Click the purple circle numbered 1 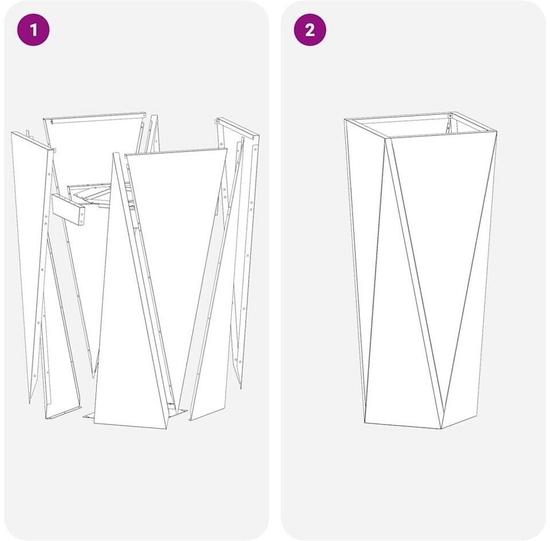coord(33,30)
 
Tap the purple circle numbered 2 coord(310,30)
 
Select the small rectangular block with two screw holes coord(68,209)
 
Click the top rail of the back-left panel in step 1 coord(95,117)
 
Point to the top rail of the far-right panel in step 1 coord(237,128)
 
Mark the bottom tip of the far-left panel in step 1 coord(30,403)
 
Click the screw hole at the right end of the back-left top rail coord(143,115)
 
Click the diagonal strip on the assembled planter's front coord(414,283)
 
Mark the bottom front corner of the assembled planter coord(441,429)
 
